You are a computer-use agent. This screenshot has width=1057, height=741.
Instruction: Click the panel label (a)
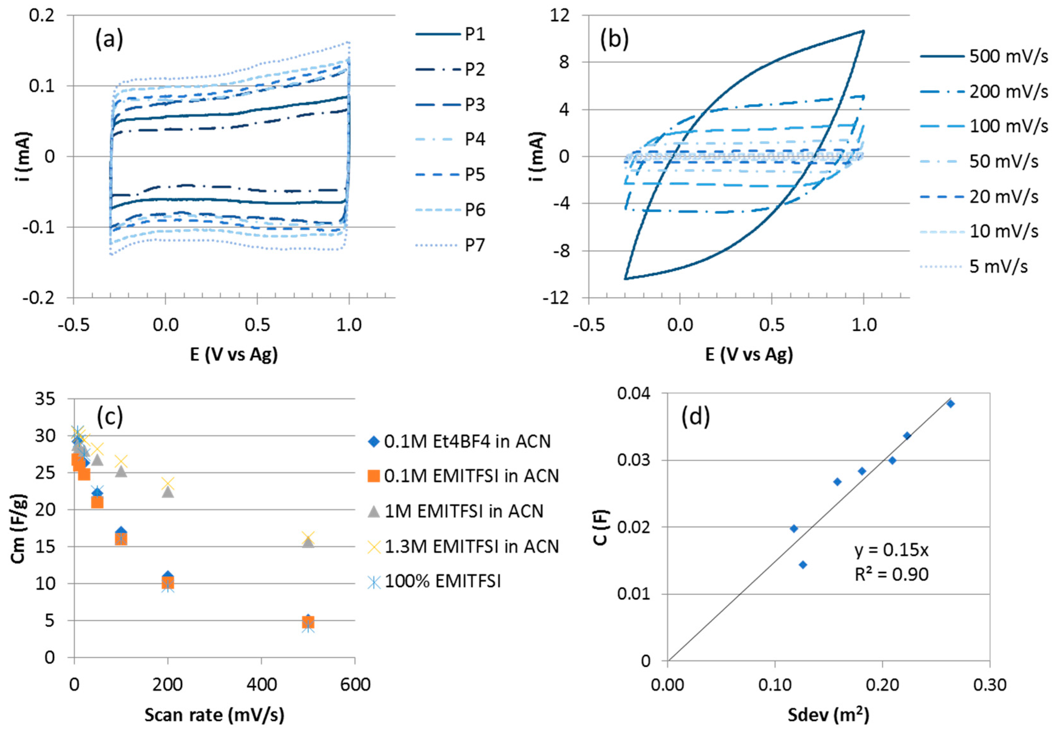(109, 39)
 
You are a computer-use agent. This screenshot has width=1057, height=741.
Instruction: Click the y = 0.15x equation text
(891, 550)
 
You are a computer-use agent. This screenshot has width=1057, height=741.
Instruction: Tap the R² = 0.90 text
(891, 574)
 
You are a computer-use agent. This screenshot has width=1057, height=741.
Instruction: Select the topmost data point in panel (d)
(950, 404)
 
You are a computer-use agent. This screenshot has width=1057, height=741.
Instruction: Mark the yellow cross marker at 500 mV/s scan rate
(308, 537)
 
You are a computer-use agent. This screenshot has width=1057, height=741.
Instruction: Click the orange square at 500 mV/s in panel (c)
(308, 622)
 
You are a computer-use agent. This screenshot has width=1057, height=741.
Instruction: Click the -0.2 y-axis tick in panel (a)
(39, 298)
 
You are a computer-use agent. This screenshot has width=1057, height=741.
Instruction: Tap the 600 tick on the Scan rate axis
(355, 685)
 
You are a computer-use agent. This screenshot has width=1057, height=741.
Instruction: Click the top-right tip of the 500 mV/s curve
(863, 31)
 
